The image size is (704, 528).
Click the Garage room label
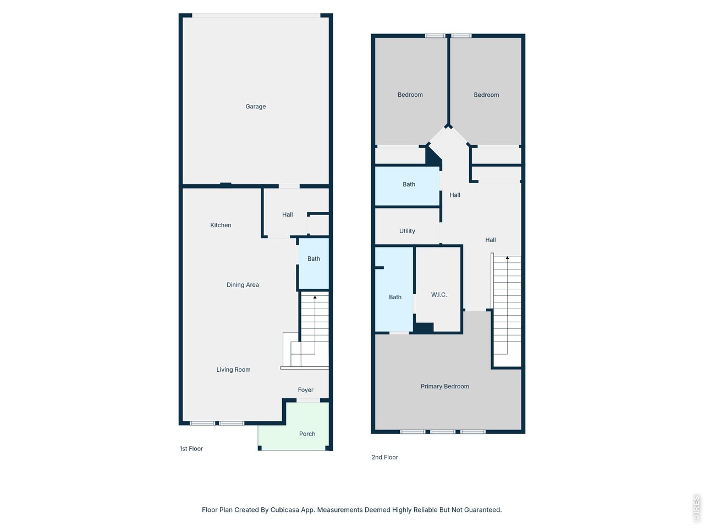click(255, 107)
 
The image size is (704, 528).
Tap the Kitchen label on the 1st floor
click(221, 225)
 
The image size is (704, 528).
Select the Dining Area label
click(243, 285)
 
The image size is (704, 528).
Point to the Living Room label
click(233, 370)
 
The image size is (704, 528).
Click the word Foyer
click(305, 390)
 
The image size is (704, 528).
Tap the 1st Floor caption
click(191, 449)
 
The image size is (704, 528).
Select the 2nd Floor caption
click(384, 457)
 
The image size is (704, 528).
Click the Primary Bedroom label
click(444, 387)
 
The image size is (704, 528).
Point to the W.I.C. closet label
click(438, 295)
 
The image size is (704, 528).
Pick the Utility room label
click(407, 231)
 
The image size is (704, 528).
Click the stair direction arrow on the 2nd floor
click(507, 258)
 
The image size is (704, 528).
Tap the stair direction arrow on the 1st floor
click(315, 298)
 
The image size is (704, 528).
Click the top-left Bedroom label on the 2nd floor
click(410, 95)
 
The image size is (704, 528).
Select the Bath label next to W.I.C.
click(395, 298)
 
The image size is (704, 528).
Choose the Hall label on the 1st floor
click(287, 215)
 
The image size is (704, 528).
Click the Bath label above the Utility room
click(409, 185)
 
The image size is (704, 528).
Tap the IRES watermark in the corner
click(696, 509)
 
